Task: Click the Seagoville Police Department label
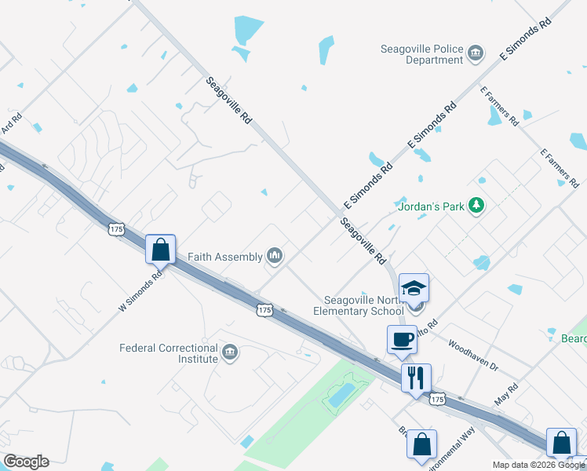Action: (x=422, y=53)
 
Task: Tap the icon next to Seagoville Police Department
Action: (x=476, y=53)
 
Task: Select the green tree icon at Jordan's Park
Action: (x=476, y=206)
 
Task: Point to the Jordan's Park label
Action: (x=432, y=206)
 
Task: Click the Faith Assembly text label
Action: (x=226, y=256)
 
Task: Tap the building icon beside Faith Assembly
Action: (x=275, y=255)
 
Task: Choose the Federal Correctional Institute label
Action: (x=169, y=353)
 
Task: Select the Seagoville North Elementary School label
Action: (x=363, y=305)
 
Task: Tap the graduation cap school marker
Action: (x=414, y=288)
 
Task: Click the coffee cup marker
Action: (x=402, y=340)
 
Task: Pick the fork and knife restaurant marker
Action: (x=416, y=378)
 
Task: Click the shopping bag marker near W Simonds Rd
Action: (x=160, y=250)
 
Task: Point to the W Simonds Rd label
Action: (x=140, y=291)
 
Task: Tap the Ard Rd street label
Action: (x=11, y=123)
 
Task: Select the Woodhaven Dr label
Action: (x=473, y=355)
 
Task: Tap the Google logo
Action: (x=26, y=462)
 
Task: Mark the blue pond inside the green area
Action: (x=341, y=396)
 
